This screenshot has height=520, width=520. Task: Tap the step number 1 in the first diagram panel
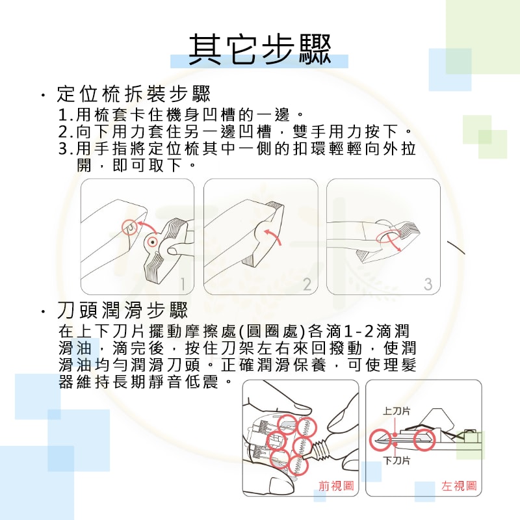click(183, 283)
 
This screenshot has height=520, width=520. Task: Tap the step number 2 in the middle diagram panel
click(306, 283)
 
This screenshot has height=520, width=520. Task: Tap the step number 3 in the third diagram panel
click(427, 283)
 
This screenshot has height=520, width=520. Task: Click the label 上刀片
click(396, 411)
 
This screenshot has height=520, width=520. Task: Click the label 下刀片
click(396, 461)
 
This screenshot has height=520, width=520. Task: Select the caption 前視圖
click(335, 486)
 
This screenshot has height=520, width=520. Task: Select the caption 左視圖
click(459, 486)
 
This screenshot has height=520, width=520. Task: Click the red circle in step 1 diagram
click(130, 227)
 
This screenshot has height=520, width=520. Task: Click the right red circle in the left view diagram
click(425, 439)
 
